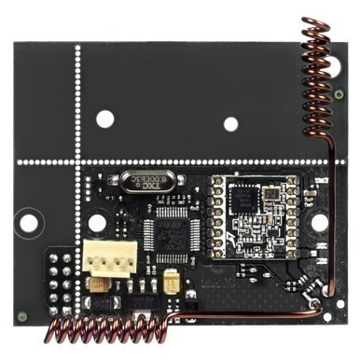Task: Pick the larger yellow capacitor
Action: pos(170,280)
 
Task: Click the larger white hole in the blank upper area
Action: pos(105,118)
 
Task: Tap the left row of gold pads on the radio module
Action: pos(214,214)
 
